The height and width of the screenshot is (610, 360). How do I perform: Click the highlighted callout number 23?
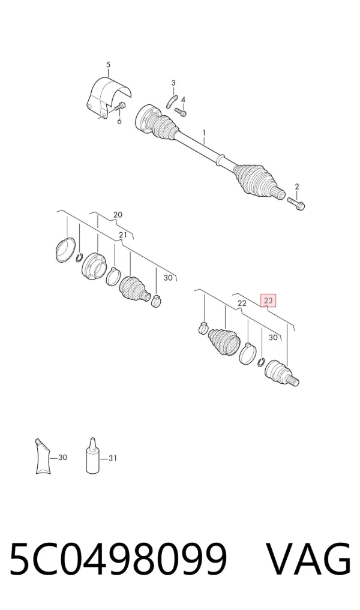pyautogui.click(x=268, y=300)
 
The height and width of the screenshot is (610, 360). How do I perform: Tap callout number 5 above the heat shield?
pyautogui.click(x=108, y=65)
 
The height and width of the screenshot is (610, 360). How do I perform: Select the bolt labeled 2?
pyautogui.click(x=296, y=202)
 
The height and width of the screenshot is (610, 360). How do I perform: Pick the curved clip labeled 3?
pyautogui.click(x=172, y=101)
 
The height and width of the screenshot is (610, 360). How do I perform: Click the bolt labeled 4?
pyautogui.click(x=181, y=111)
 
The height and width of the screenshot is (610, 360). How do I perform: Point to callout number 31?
pyautogui.click(x=112, y=459)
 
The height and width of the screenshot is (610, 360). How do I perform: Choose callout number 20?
pyautogui.click(x=118, y=215)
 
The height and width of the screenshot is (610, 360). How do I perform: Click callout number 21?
pyautogui.click(x=123, y=235)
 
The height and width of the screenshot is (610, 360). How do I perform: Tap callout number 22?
pyautogui.click(x=242, y=304)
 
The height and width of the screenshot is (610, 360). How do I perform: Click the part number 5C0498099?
pyautogui.click(x=118, y=560)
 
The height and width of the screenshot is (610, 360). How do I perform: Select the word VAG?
pyautogui.click(x=308, y=560)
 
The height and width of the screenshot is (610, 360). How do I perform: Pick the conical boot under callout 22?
pyautogui.click(x=224, y=342)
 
